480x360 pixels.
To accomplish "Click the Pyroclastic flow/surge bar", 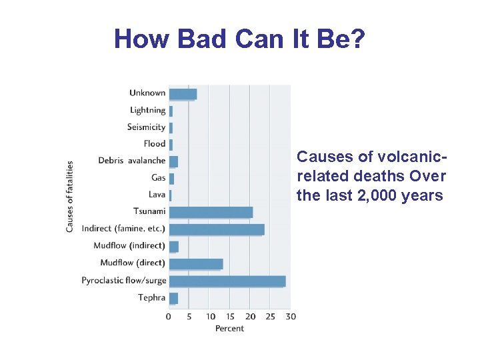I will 227,281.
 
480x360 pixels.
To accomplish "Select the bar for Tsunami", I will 211,212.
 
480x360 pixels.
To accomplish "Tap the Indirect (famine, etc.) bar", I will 216,229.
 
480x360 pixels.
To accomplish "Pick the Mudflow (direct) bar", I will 195,264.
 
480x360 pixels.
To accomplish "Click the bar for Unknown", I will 183,94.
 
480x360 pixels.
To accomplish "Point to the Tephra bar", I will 173,298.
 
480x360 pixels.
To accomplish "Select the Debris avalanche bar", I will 173,161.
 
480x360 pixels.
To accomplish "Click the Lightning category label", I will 147,110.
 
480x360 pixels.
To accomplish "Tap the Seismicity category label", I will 146,127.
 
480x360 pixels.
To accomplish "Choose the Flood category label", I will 154,144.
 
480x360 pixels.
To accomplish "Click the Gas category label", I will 158,178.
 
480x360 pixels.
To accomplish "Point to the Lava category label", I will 157,195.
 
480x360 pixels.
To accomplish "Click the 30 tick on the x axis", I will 290,316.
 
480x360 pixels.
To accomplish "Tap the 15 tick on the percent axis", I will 230,316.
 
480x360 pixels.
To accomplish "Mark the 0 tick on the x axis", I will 169,316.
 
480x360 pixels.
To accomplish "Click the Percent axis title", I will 229,328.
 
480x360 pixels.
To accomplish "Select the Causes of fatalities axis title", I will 70,196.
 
